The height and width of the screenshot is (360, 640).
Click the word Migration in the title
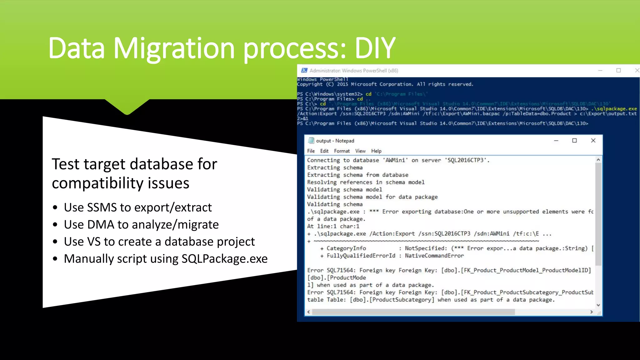tap(173, 48)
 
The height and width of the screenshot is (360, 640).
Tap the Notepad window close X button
tap(593, 141)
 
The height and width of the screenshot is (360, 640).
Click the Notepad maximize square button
tap(574, 141)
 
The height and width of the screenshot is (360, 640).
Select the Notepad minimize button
tap(556, 141)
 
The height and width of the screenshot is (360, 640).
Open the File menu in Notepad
tap(311, 151)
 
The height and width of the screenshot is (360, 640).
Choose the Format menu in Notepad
tap(342, 151)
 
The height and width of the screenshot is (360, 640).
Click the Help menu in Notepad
tap(376, 151)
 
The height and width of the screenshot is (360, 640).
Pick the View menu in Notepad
tap(360, 151)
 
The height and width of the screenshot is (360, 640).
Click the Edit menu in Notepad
tap(324, 151)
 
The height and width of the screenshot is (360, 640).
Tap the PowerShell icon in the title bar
tap(304, 71)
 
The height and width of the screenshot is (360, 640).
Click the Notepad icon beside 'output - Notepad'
tap(311, 141)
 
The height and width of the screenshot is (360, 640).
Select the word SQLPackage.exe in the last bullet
tap(224, 259)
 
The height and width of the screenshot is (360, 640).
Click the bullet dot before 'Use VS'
tap(55, 242)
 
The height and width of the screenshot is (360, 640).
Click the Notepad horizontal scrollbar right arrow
tap(591, 312)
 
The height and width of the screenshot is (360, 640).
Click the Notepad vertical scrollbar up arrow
tap(598, 160)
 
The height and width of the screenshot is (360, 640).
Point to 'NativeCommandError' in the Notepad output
tap(434, 256)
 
